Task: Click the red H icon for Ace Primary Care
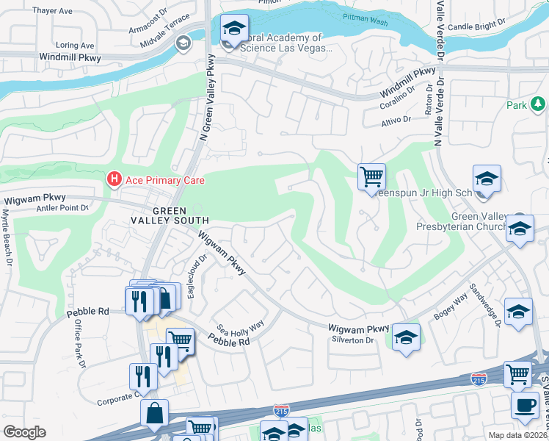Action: click(114, 178)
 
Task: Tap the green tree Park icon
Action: click(539, 105)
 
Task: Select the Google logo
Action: click(24, 432)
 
